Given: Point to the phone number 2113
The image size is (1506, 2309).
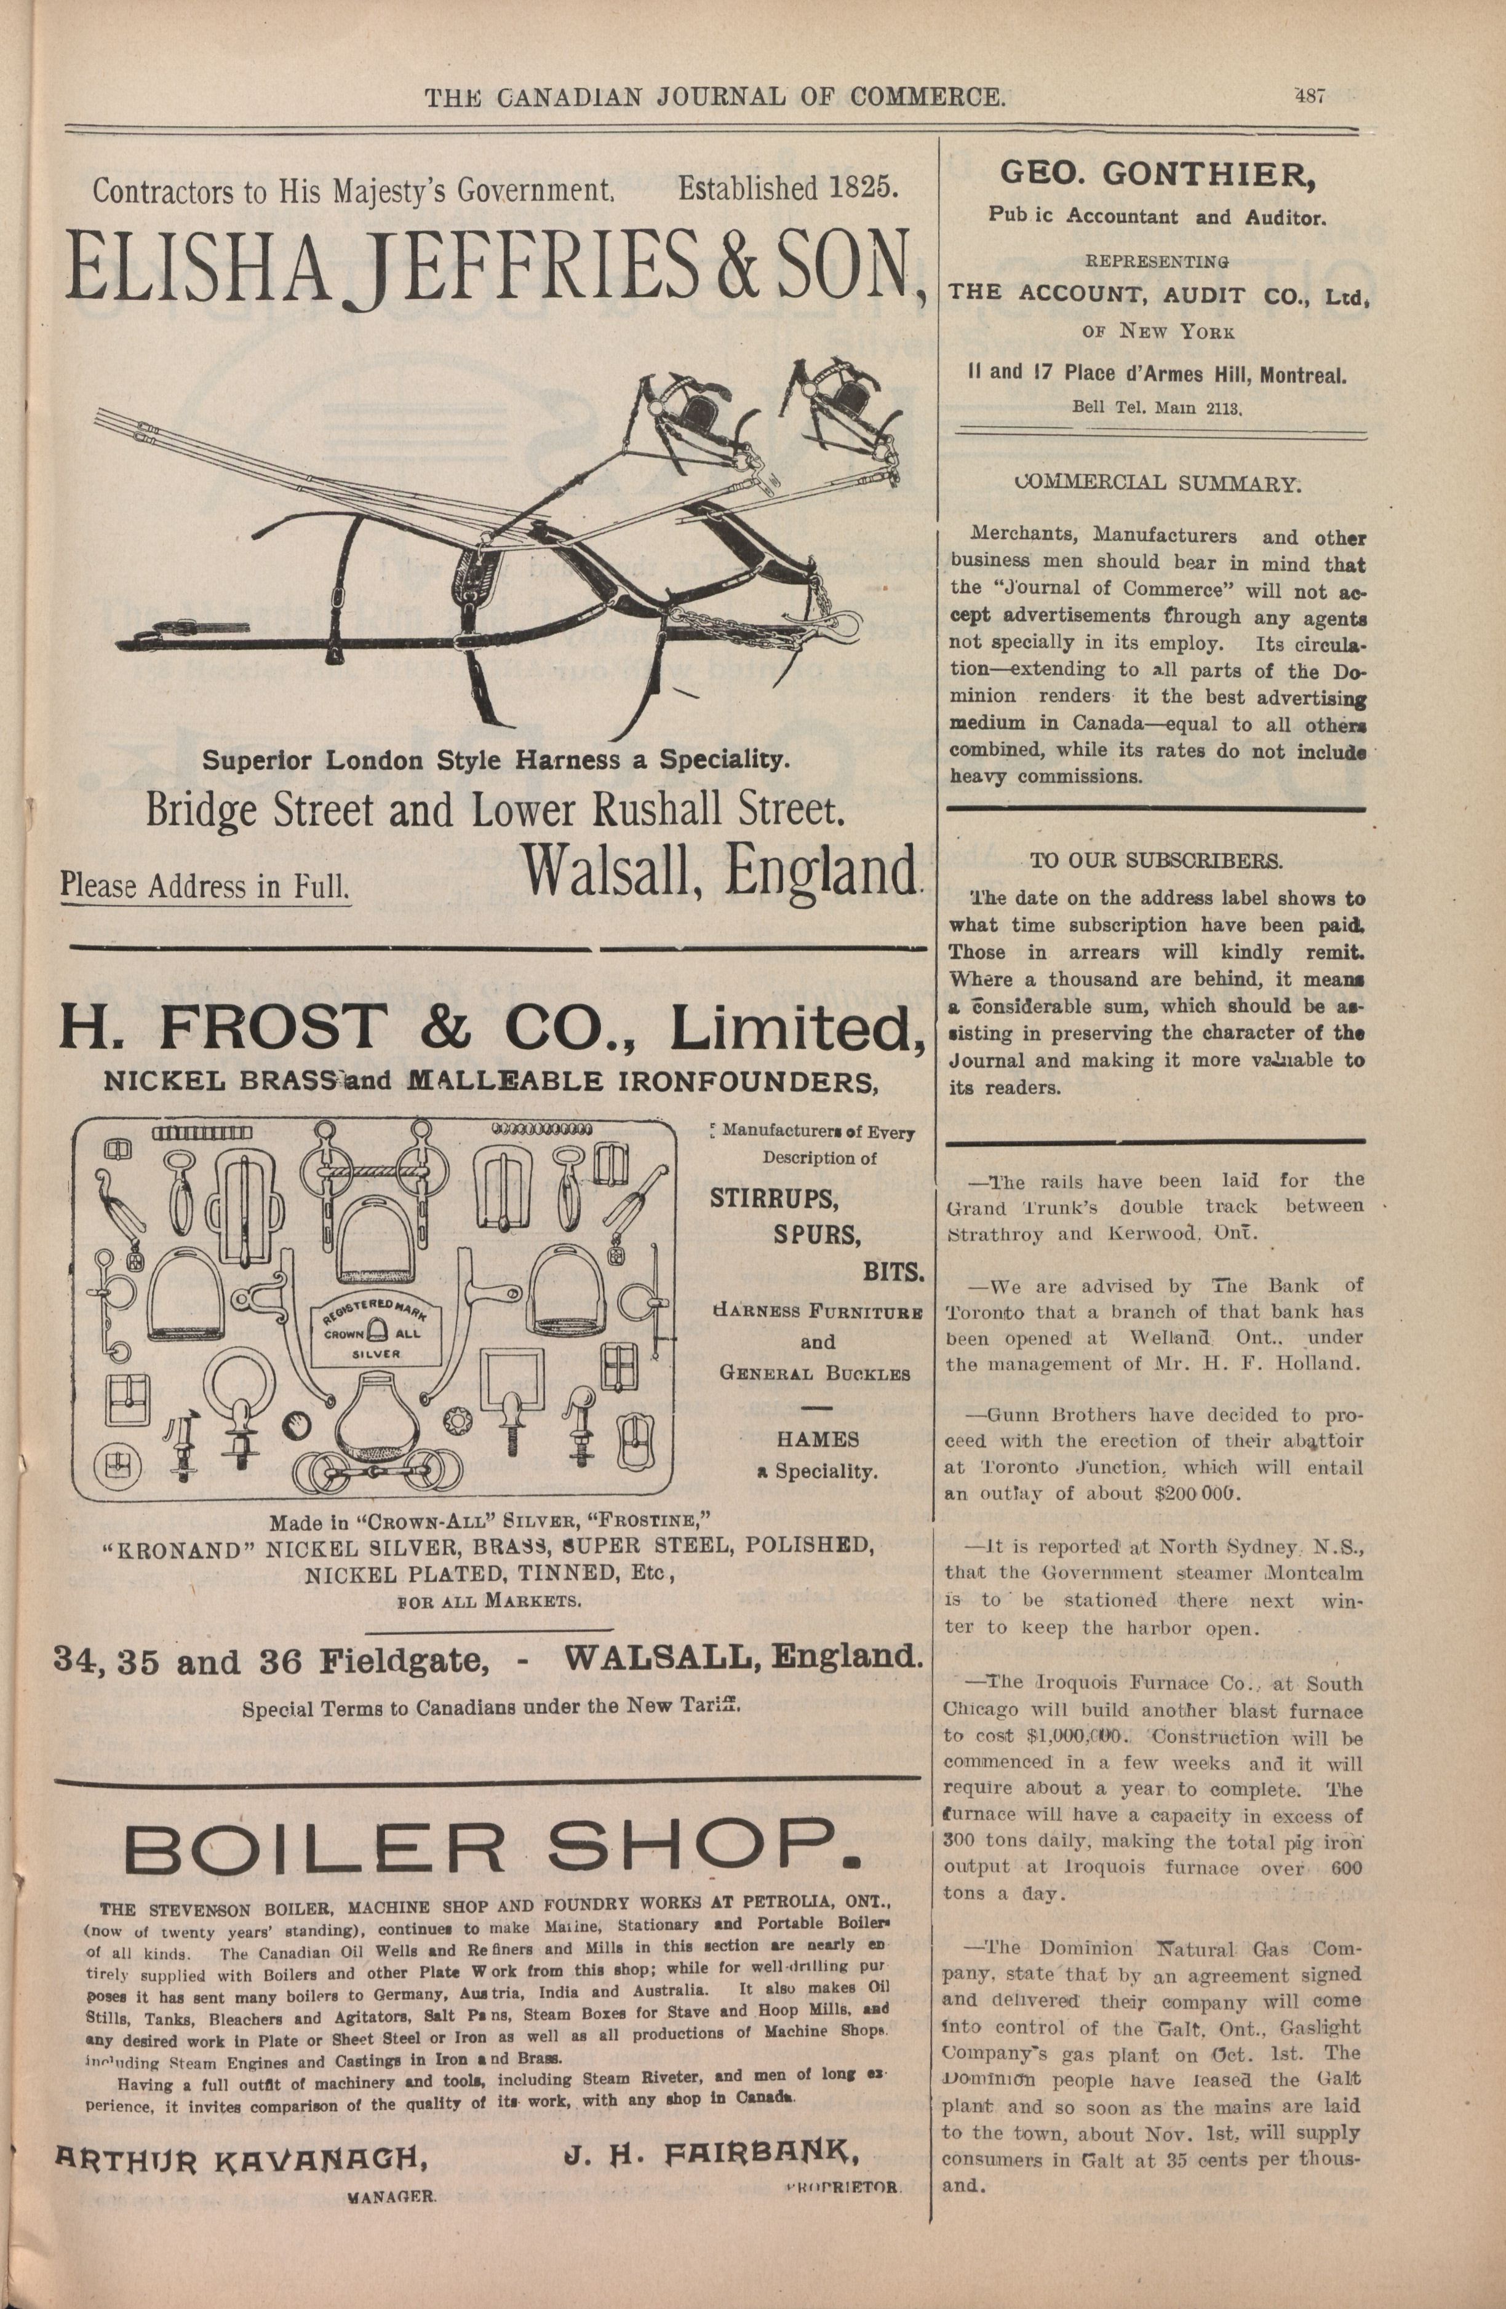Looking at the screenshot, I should [x=1225, y=408].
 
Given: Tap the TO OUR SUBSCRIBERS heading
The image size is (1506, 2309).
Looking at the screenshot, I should [x=1156, y=860].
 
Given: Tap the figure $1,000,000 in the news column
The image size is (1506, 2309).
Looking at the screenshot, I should [x=1066, y=1738].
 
